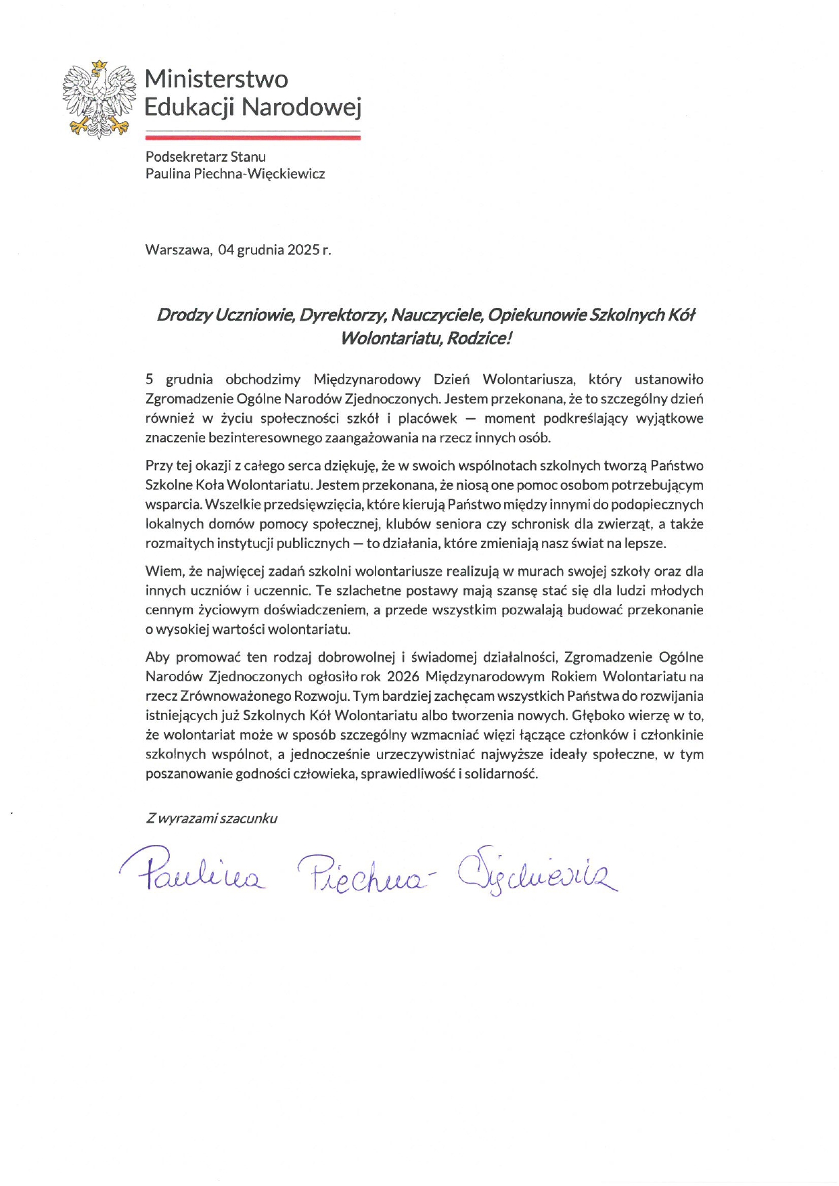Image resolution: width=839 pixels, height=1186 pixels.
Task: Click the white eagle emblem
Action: [95, 99]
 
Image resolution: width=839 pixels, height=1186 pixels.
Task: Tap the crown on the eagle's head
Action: [99, 65]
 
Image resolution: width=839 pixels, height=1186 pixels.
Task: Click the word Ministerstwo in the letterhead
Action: [217, 79]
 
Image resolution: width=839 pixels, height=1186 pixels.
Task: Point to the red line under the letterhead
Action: [253, 137]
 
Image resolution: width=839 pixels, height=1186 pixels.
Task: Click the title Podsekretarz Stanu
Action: [206, 157]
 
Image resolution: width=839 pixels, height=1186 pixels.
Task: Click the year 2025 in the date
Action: [303, 250]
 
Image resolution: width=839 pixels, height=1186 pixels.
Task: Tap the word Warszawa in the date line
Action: [177, 250]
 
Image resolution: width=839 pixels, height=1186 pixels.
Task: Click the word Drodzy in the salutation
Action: [183, 315]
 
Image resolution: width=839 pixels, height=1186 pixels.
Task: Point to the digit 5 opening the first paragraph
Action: [150, 380]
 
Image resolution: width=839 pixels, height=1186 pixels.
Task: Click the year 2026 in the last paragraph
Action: [403, 677]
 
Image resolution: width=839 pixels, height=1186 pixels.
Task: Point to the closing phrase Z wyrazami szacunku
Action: [211, 819]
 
